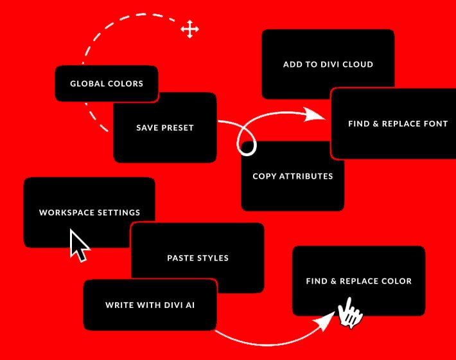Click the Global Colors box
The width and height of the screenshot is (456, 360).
(x=107, y=84)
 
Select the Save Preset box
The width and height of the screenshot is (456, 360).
(x=165, y=127)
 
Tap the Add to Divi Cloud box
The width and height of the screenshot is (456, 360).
(x=328, y=64)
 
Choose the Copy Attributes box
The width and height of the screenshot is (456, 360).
(x=293, y=176)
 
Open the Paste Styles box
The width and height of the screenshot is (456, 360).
(x=198, y=258)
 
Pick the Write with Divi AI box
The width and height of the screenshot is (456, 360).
(x=150, y=305)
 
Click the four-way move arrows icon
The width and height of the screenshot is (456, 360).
(x=189, y=29)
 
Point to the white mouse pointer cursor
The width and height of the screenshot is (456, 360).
(x=80, y=246)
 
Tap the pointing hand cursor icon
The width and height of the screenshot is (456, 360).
(x=350, y=313)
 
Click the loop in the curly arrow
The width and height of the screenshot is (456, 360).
(x=247, y=141)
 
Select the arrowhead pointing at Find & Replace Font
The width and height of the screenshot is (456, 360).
(x=314, y=114)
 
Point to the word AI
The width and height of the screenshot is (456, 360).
(x=190, y=305)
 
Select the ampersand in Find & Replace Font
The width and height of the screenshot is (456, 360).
(x=376, y=123)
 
